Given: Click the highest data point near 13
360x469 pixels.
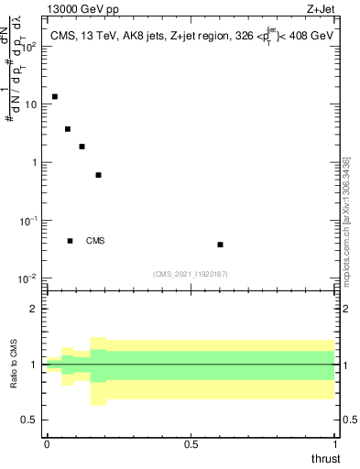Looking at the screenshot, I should click(55, 96).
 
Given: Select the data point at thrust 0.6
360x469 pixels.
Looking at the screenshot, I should click(220, 245).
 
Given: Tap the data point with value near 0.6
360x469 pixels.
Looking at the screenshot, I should click(98, 175).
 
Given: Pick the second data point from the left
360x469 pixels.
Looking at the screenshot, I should click(68, 129).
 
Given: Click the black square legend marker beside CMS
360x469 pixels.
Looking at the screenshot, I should click(70, 241).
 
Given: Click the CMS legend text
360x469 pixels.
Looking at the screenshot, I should click(95, 241).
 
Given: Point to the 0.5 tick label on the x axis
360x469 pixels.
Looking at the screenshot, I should click(191, 444).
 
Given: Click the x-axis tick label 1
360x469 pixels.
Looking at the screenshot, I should click(335, 444).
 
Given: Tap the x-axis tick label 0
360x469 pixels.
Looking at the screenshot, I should click(47, 444).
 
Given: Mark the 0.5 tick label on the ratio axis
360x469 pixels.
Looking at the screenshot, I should click(29, 420).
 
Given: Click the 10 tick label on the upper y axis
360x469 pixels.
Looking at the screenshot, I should click(29, 104).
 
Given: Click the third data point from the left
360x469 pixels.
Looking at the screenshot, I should click(82, 147).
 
